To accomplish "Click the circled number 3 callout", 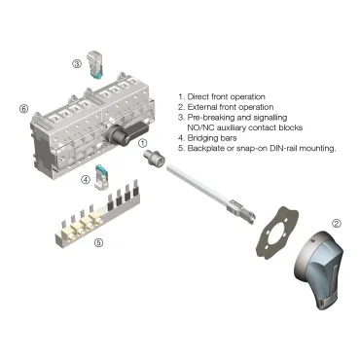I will click(76, 64).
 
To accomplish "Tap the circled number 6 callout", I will click(23, 109).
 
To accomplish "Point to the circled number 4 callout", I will click(87, 179).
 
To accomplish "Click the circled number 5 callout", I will click(98, 242).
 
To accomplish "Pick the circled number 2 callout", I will click(337, 224).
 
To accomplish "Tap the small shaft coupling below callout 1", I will click(153, 160).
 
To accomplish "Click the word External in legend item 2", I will click(203, 106).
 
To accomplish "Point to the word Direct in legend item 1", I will click(198, 95).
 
